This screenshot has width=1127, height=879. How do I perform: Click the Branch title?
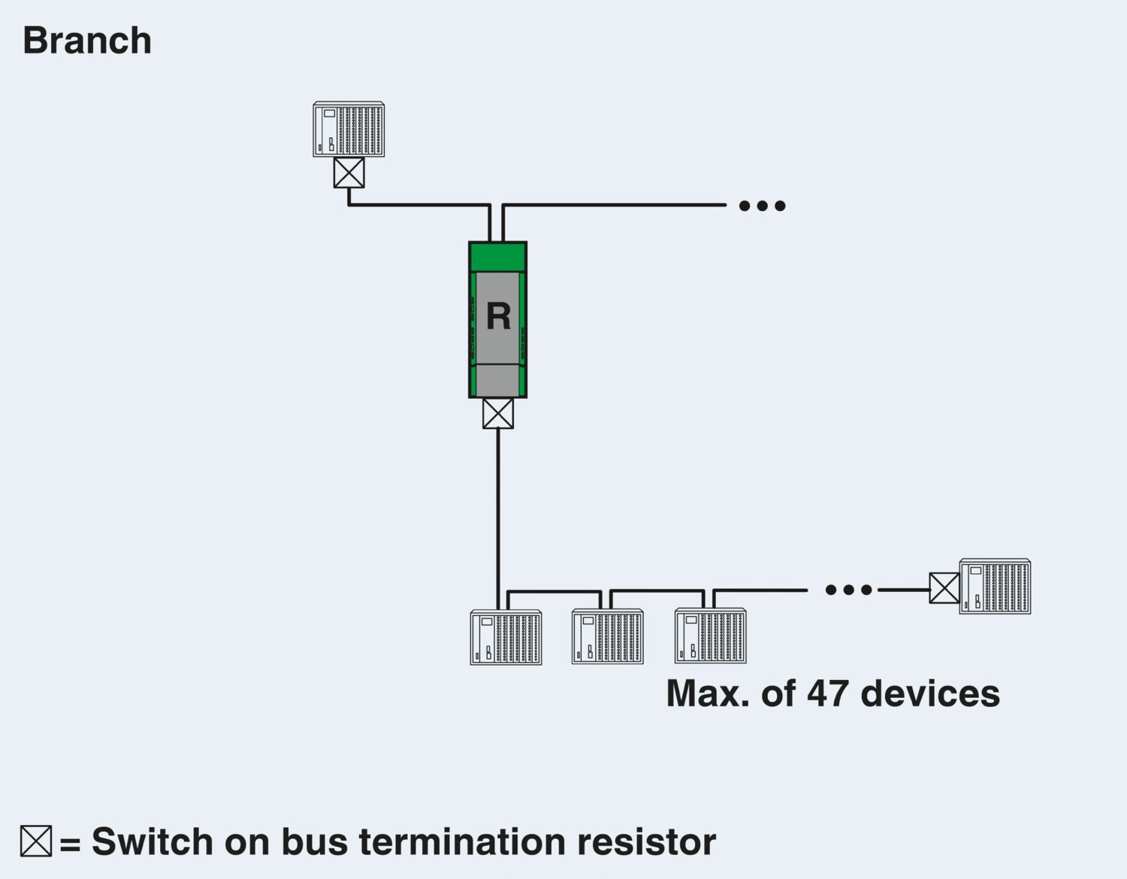coord(87,41)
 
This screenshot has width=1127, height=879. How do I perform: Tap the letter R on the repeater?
coord(498,316)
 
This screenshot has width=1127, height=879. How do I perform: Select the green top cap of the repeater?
coord(498,257)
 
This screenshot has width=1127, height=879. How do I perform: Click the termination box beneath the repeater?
coord(498,413)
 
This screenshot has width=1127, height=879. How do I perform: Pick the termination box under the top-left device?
coord(349,173)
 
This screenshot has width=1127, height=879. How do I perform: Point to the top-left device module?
coord(349,129)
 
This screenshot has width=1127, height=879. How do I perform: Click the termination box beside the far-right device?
coord(944,588)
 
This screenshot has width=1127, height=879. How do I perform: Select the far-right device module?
coord(995,587)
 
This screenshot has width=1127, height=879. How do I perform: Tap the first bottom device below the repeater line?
coord(506,637)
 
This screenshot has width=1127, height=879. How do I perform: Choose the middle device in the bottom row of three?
coord(607,636)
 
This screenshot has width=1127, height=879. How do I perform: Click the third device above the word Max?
coord(711,636)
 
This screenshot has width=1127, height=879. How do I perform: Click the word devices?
coord(930,694)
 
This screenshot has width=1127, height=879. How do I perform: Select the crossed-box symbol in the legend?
coord(36,841)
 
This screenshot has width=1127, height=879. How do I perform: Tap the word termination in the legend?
coord(461,841)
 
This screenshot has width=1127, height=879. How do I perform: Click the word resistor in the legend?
coord(647,841)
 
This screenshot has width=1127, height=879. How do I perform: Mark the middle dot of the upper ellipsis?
coord(762,206)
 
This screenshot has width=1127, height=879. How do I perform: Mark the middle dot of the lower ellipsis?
coord(848,590)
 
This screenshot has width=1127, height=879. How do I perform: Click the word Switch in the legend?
coord(152,841)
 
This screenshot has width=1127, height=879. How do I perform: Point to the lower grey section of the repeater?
coord(497,380)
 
